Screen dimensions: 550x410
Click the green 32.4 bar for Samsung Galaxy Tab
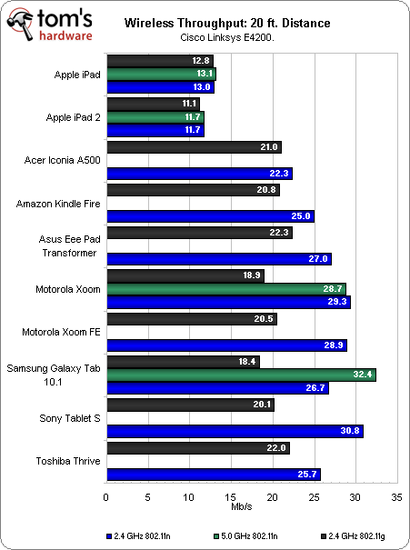241,375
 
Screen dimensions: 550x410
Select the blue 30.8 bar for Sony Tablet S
235,430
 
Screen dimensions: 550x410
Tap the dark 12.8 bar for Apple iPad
160,61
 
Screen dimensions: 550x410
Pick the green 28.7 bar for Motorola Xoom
225,289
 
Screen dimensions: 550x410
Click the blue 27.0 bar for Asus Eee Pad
218,259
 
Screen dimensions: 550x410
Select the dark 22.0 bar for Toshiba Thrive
198,448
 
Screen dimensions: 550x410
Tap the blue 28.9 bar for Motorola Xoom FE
226,345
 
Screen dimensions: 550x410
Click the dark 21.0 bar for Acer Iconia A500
194,147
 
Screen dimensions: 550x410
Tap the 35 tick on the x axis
395,498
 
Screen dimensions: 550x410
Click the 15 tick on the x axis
231,498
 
